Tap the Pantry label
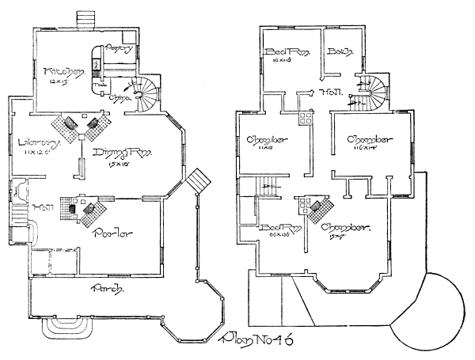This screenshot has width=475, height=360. point(123,49)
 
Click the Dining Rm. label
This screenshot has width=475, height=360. point(120,153)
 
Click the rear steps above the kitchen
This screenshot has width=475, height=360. point(85,19)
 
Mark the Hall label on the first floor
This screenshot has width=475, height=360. point(21,207)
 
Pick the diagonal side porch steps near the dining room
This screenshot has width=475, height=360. point(196,180)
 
